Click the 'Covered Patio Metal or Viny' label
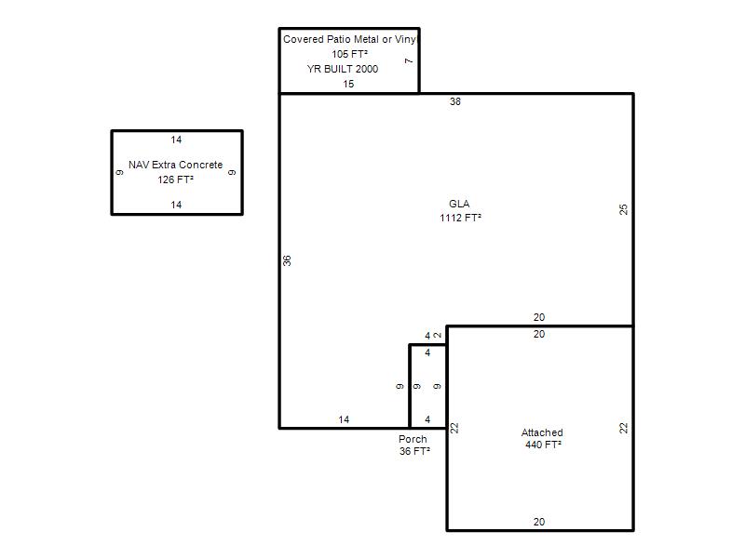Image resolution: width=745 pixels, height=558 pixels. [350, 39]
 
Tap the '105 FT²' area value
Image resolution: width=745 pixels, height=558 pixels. [350, 54]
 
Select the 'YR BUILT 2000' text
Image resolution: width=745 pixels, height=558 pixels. [343, 69]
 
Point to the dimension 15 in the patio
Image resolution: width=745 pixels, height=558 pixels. [348, 84]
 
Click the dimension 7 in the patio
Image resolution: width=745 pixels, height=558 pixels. [409, 60]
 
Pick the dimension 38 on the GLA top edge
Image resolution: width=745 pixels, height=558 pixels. [455, 101]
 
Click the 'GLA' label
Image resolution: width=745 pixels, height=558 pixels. [459, 204]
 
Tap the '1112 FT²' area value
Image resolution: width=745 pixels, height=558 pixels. [460, 218]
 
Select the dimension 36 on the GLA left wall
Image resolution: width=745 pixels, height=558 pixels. [287, 260]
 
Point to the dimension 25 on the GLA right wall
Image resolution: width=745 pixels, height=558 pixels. [623, 209]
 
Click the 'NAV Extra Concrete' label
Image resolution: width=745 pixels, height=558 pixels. [176, 165]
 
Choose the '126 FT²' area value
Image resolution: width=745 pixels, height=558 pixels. [176, 179]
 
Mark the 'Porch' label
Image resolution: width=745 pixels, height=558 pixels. [413, 439]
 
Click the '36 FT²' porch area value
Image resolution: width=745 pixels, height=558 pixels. [414, 451]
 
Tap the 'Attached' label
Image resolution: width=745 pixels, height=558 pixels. [542, 432]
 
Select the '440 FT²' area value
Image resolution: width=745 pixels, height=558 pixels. [544, 445]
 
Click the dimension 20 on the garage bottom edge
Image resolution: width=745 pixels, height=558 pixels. [539, 522]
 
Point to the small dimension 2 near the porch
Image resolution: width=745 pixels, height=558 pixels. [438, 335]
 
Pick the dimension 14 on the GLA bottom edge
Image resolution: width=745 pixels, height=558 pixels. [344, 419]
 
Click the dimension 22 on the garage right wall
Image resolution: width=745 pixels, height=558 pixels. [623, 428]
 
